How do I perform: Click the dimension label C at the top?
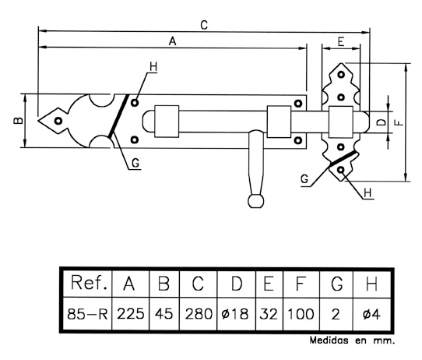[204, 25]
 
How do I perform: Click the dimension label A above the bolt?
[172, 41]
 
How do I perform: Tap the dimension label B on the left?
[18, 120]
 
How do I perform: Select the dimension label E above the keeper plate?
[341, 42]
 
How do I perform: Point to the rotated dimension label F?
[400, 123]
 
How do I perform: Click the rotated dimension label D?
[381, 122]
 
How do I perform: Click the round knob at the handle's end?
[255, 201]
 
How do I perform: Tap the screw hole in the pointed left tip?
[58, 121]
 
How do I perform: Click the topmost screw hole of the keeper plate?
[341, 74]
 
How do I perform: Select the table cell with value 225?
[131, 314]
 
